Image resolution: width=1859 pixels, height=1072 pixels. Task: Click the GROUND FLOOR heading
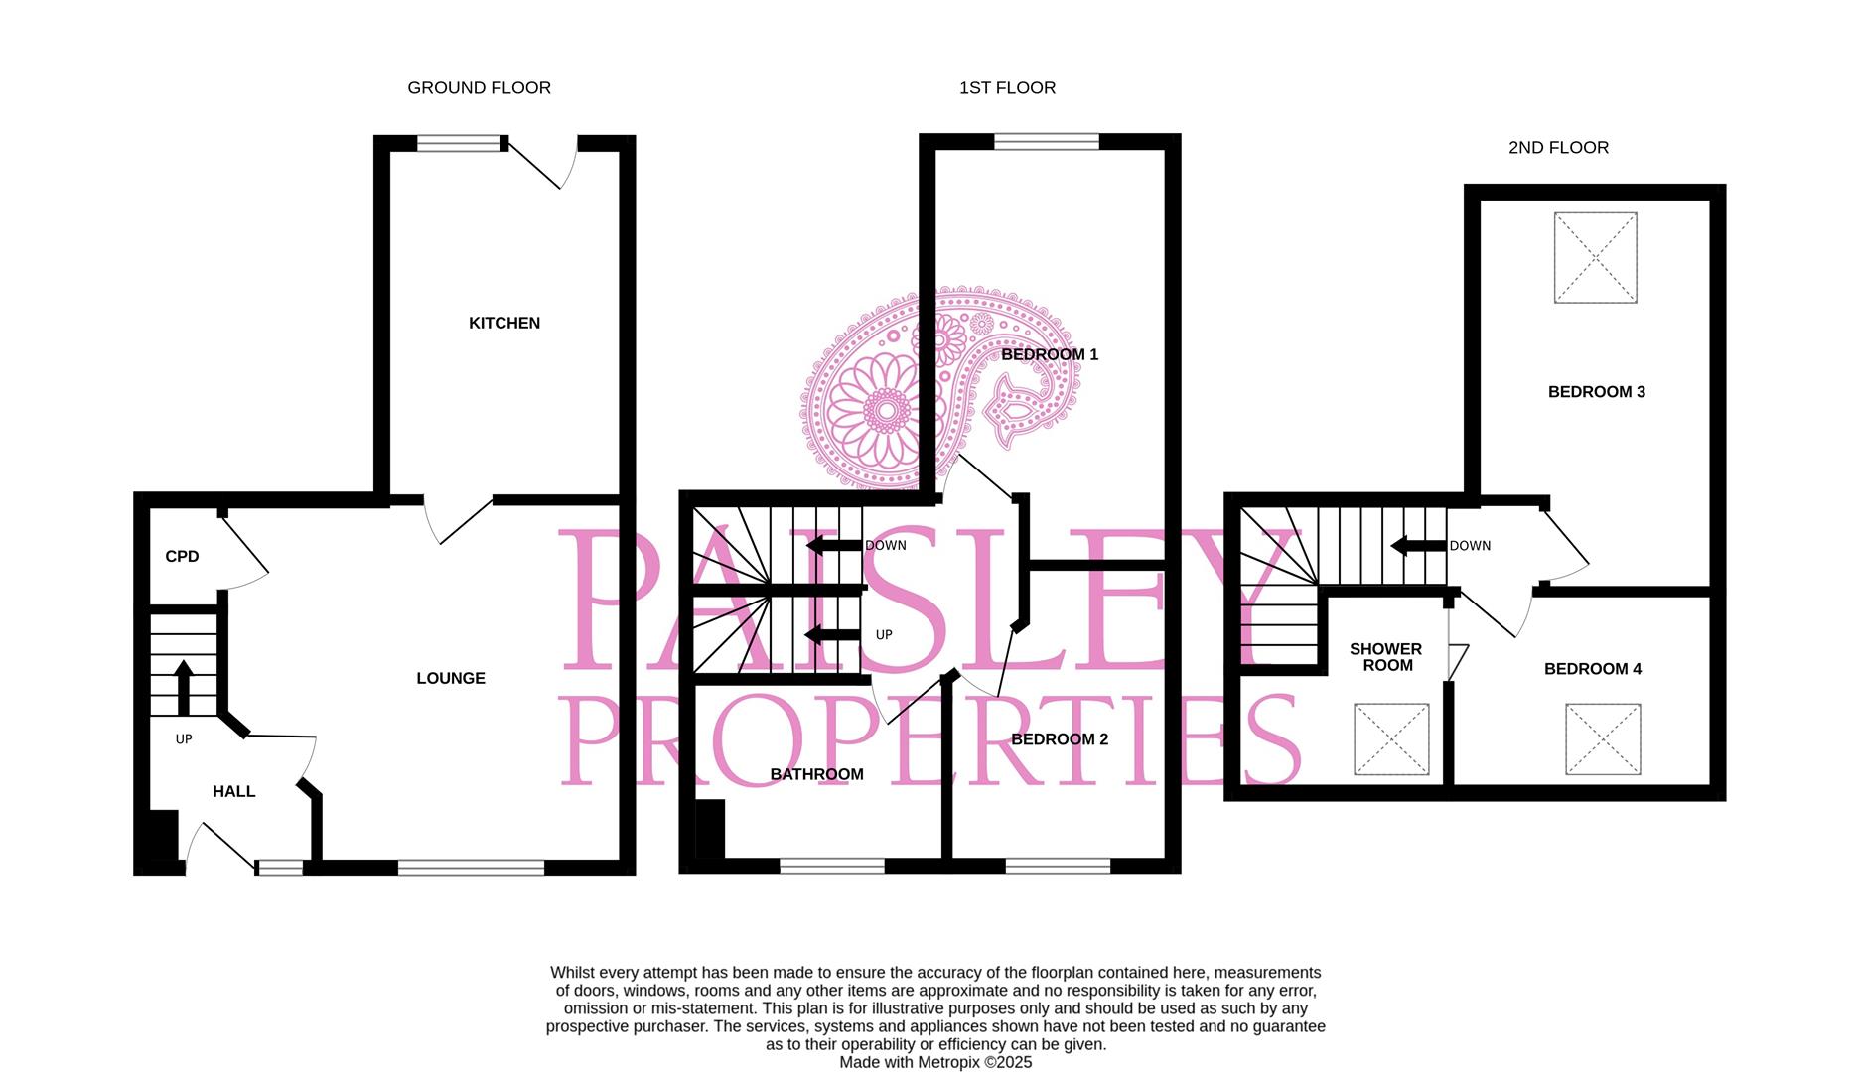479,88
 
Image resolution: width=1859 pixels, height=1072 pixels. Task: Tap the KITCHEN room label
504,323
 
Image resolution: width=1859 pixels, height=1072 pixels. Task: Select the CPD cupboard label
182,557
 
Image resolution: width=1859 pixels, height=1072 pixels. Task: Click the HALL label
233,791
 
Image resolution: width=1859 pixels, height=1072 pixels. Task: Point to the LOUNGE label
451,678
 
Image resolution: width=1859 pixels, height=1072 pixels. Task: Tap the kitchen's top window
459,144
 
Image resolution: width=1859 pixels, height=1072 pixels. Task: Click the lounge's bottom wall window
471,869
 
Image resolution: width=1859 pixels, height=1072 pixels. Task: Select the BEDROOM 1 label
1050,354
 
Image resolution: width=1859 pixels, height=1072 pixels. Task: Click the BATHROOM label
817,774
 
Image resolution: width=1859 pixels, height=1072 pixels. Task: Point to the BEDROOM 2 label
1060,739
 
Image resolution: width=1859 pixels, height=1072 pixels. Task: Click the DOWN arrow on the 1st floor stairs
832,545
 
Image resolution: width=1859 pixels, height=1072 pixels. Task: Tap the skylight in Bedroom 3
1595,257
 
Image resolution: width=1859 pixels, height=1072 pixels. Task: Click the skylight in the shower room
1391,739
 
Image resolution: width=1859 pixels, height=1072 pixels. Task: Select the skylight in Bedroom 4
1603,739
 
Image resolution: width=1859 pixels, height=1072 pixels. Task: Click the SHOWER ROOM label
1386,657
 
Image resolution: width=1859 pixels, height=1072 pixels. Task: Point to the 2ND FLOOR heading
1558,148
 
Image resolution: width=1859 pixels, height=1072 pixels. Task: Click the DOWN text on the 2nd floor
1470,546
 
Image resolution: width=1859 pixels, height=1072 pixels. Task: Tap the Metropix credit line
935,1062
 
